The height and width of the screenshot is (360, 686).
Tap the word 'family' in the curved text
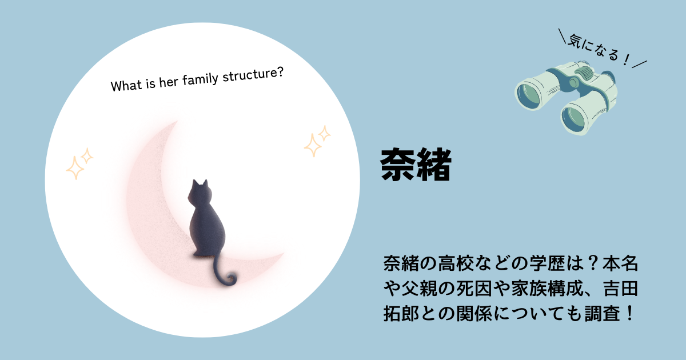[200, 79]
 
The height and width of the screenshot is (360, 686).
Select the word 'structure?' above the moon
[253, 74]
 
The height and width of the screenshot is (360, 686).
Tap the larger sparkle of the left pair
[75, 168]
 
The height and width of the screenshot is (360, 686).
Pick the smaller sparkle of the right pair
[325, 133]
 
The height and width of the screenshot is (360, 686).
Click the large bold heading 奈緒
[416, 165]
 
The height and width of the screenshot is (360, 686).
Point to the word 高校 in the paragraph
[456, 263]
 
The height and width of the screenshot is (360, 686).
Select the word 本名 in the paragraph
[620, 263]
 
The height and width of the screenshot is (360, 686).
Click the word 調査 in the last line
[603, 314]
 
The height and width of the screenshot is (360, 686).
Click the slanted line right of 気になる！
[640, 64]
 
